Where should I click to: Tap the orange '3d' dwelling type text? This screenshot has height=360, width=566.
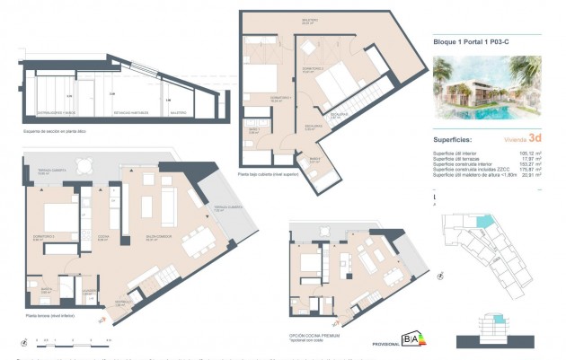coord(535,138)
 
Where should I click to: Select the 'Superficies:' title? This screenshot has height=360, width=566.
coord(456,139)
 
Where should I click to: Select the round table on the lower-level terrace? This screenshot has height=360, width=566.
coord(84,165)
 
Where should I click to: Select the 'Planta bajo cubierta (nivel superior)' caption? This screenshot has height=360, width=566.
coord(270,174)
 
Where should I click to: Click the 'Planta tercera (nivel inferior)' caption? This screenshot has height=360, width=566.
coord(50,317)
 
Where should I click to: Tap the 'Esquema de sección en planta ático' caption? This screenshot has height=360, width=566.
coord(57,130)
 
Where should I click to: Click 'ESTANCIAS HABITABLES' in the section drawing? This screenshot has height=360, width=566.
coord(130,112)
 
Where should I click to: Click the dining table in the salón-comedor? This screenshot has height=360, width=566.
coord(192,241)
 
